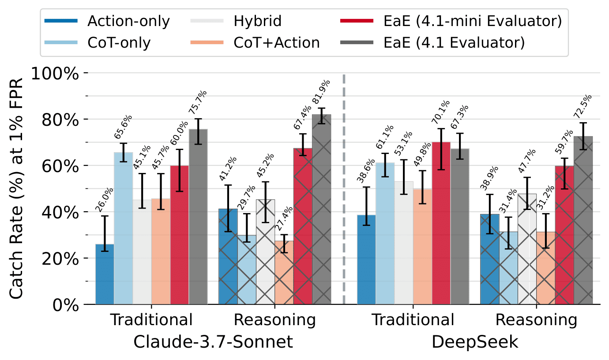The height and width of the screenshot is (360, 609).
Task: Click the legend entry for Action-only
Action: click(x=128, y=21)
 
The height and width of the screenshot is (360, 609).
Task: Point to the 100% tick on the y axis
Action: click(x=56, y=73)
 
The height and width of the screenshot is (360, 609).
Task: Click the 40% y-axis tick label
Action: click(x=60, y=212)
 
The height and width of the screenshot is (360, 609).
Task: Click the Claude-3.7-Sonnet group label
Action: click(x=213, y=341)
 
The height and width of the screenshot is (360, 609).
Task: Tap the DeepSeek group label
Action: click(x=474, y=341)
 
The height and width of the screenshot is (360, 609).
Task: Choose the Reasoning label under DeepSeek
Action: click(x=536, y=320)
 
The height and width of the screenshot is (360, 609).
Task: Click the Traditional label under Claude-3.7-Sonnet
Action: click(x=151, y=320)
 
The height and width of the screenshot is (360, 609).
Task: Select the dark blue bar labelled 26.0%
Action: click(x=105, y=274)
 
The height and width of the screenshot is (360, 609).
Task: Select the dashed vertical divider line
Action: click(x=344, y=190)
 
